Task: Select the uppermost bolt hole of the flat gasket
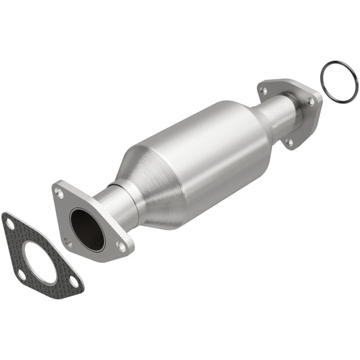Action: click(9, 222)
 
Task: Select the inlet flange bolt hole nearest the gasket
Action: click(67, 240)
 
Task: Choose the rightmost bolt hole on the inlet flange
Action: click(121, 247)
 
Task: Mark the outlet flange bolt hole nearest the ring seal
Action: click(311, 101)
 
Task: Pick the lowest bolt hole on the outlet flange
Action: click(289, 142)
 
